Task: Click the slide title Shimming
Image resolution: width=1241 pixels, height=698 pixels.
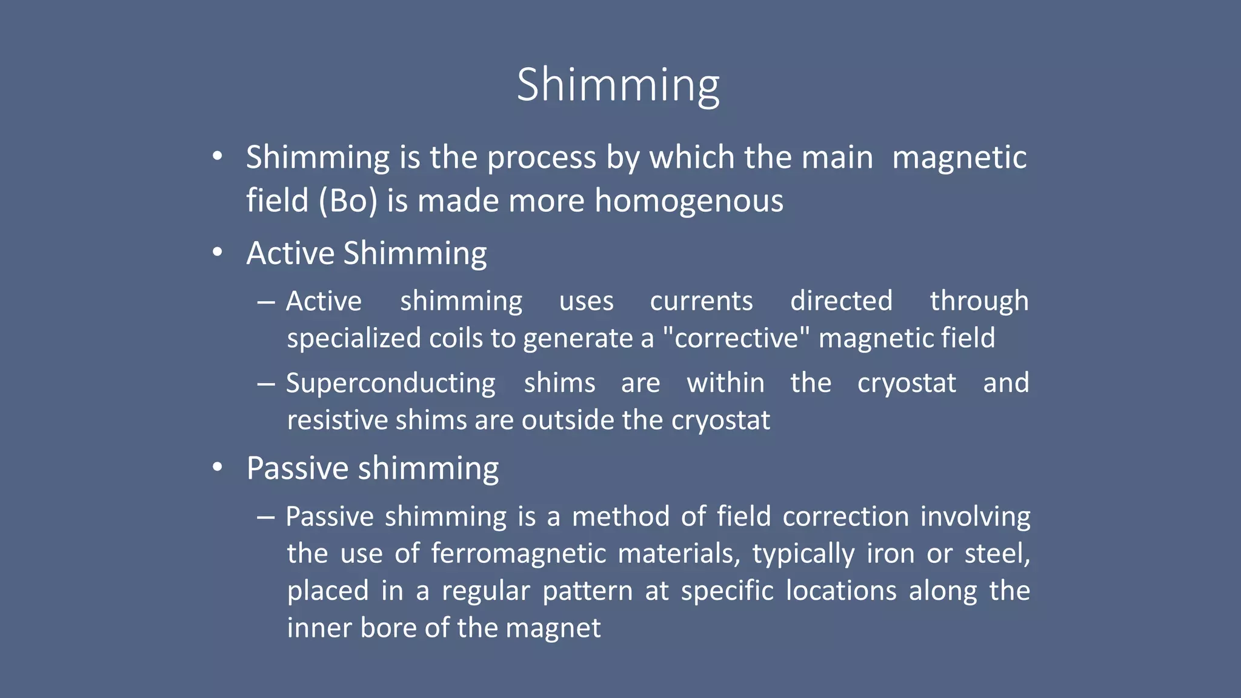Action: [x=618, y=85]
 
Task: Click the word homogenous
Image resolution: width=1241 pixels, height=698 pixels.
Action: [x=689, y=201]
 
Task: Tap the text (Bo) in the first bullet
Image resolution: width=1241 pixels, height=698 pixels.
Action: [x=347, y=201]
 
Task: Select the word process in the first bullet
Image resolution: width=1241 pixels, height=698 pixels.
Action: [x=542, y=158]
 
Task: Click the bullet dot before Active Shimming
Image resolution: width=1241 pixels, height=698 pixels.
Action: [x=218, y=253]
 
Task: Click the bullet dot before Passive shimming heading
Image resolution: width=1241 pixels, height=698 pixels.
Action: [x=218, y=468]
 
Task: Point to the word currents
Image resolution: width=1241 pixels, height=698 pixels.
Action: [x=701, y=301]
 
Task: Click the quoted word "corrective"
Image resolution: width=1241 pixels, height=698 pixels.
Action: [x=736, y=338]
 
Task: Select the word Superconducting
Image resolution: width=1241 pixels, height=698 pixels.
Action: [x=391, y=383]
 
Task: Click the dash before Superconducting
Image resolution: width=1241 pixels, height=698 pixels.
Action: [x=266, y=384]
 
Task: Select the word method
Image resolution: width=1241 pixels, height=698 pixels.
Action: [x=620, y=517]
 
